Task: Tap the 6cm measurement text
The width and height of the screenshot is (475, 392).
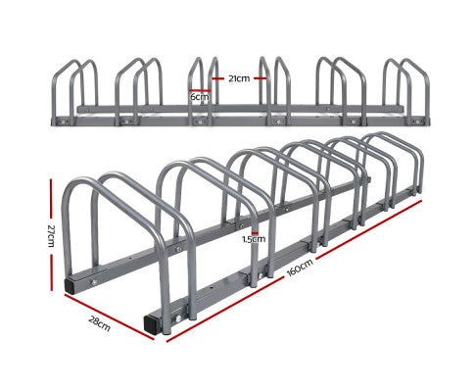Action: [199, 97]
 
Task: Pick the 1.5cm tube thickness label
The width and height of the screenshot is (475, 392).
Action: [254, 237]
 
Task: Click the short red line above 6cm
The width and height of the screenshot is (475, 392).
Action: [199, 89]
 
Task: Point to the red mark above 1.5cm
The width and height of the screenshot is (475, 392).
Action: [254, 227]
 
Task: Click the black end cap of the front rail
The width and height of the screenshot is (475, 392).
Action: [149, 321]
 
